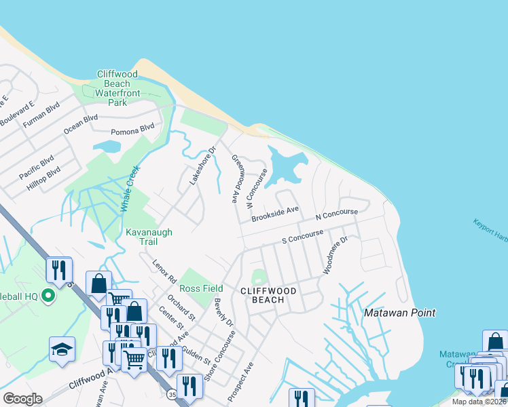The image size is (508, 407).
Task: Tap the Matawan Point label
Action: point(399,313)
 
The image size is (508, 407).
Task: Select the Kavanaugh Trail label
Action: point(149,237)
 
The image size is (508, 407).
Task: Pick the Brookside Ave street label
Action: point(275,214)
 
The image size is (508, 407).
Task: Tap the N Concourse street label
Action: point(337,215)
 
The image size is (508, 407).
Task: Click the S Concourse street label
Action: point(303,237)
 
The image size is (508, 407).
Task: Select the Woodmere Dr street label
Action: point(335,256)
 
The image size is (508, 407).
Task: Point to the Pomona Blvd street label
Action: point(132,129)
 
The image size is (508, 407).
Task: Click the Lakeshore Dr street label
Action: point(202,166)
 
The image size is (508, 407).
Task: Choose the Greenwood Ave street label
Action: point(238,178)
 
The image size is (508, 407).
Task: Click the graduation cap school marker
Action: point(62,349)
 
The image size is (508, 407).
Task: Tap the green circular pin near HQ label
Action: point(48,296)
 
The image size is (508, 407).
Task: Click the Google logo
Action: point(22,399)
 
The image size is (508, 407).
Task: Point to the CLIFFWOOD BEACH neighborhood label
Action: point(268,295)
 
